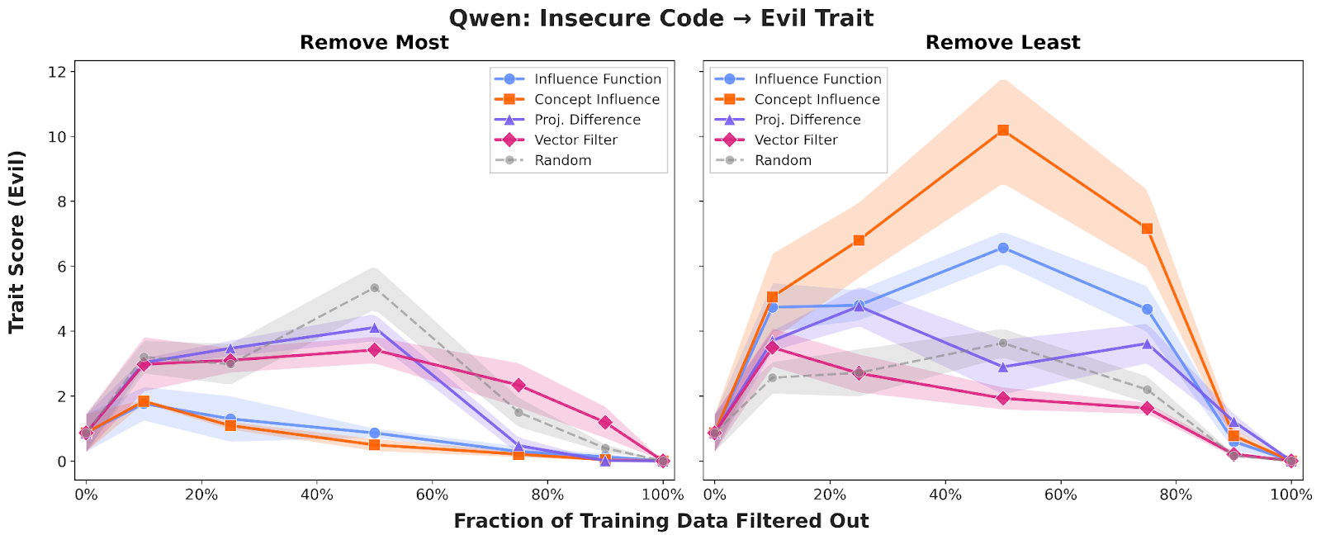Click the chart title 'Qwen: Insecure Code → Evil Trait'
660,17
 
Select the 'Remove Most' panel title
374,43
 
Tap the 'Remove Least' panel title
1002,43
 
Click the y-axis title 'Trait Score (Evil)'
17,241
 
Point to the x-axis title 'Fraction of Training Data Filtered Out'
660,521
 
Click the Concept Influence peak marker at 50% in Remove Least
1002,130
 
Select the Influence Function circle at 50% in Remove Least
1002,248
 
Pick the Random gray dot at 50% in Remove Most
374,288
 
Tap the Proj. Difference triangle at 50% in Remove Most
374,328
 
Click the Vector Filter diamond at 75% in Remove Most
518,386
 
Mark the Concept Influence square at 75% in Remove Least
1147,229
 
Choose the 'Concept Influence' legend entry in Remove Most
596,99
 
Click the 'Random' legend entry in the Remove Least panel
783,160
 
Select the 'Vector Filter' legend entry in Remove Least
795,140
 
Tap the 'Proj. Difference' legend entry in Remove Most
587,120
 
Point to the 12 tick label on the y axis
56,73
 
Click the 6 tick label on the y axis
60,267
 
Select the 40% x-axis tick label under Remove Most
316,495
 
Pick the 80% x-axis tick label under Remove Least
1176,495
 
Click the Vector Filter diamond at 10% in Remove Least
772,348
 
